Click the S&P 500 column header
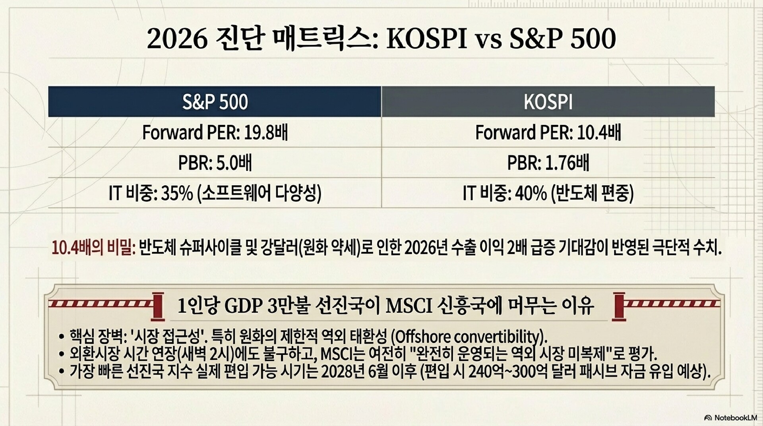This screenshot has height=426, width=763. [x=215, y=102]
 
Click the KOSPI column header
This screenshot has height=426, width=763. [x=548, y=102]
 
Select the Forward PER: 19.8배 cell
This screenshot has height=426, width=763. [x=215, y=132]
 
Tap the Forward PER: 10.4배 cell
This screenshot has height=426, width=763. [x=548, y=132]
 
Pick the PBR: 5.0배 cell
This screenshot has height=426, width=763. [x=215, y=163]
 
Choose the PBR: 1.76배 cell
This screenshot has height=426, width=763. [x=548, y=163]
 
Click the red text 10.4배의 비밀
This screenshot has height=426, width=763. [x=94, y=248]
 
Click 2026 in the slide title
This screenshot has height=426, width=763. [x=177, y=39]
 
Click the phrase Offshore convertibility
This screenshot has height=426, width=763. [x=467, y=337]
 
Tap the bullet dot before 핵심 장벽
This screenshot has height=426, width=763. [x=61, y=337]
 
